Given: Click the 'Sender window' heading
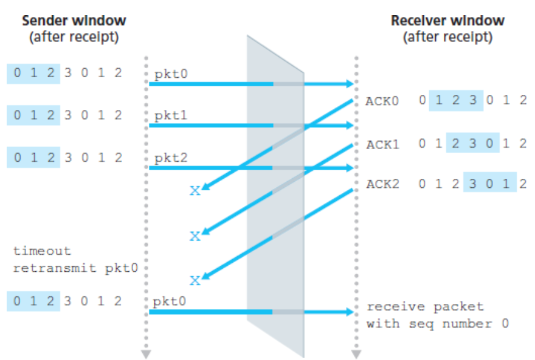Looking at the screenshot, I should click(74, 20).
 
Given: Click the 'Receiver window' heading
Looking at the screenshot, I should click(447, 20).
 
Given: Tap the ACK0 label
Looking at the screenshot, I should click(382, 101).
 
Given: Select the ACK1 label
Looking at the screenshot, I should click(382, 144).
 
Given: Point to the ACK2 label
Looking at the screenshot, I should click(382, 184).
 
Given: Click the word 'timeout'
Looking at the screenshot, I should click(42, 251).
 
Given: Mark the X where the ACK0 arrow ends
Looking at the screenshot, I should click(195, 191).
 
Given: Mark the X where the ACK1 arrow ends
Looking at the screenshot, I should click(195, 236).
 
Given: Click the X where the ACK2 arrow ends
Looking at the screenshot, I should click(195, 280).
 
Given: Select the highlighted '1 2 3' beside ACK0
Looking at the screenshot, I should click(456, 101).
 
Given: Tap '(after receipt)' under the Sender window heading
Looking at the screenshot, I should click(74, 36).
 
